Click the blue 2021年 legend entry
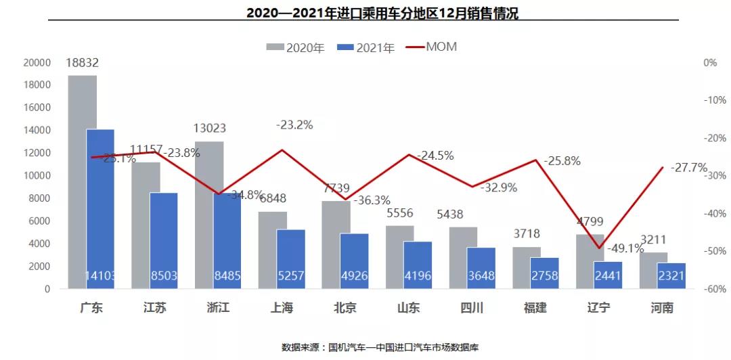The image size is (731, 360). (x=366, y=47)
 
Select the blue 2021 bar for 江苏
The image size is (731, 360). (x=164, y=241)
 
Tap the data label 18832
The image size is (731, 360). (x=83, y=63)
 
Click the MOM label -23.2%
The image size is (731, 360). (x=294, y=125)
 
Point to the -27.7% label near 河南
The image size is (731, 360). (x=688, y=167)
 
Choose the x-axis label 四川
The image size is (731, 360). (x=471, y=308)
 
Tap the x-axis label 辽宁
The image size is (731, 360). (x=598, y=308)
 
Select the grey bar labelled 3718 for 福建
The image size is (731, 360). (x=527, y=268)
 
